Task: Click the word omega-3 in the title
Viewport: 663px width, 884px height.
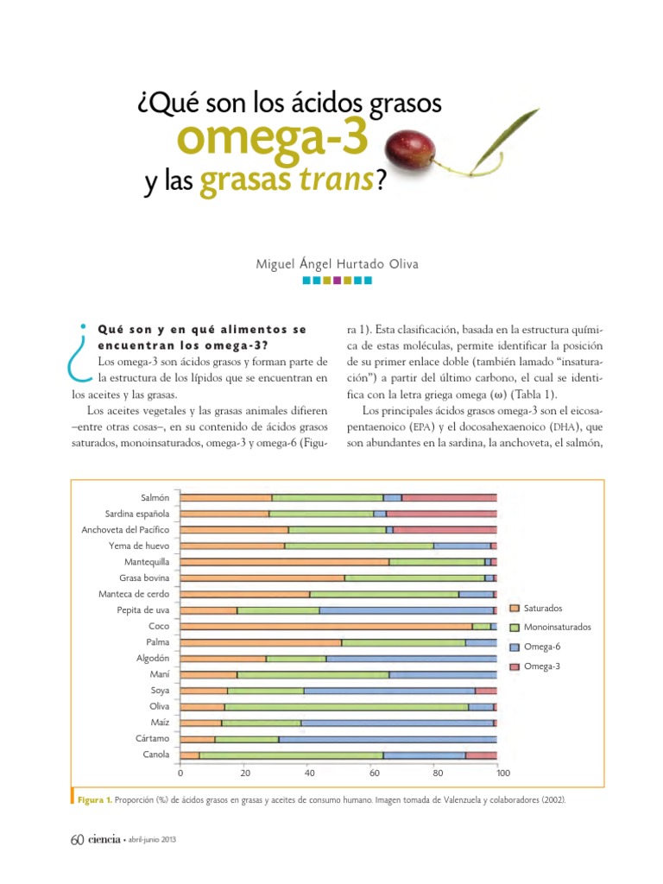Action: coord(271,139)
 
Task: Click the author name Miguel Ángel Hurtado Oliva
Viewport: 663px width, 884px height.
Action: coord(338,264)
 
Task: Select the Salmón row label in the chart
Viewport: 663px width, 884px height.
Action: coord(155,498)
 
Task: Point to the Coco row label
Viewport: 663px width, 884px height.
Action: coord(159,627)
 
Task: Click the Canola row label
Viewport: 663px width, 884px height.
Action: coord(155,755)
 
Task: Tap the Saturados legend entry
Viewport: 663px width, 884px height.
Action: coord(542,609)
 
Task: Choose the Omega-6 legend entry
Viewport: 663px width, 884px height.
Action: coord(541,647)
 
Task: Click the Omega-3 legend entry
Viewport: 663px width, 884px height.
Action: coord(541,666)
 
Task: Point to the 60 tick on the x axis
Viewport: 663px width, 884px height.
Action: coord(375,773)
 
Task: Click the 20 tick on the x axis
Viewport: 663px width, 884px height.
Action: coord(245,773)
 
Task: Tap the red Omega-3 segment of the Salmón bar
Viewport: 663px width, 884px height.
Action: coord(449,498)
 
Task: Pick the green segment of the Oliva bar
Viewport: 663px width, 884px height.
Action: coord(346,707)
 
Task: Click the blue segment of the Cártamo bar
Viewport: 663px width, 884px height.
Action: coord(388,739)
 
